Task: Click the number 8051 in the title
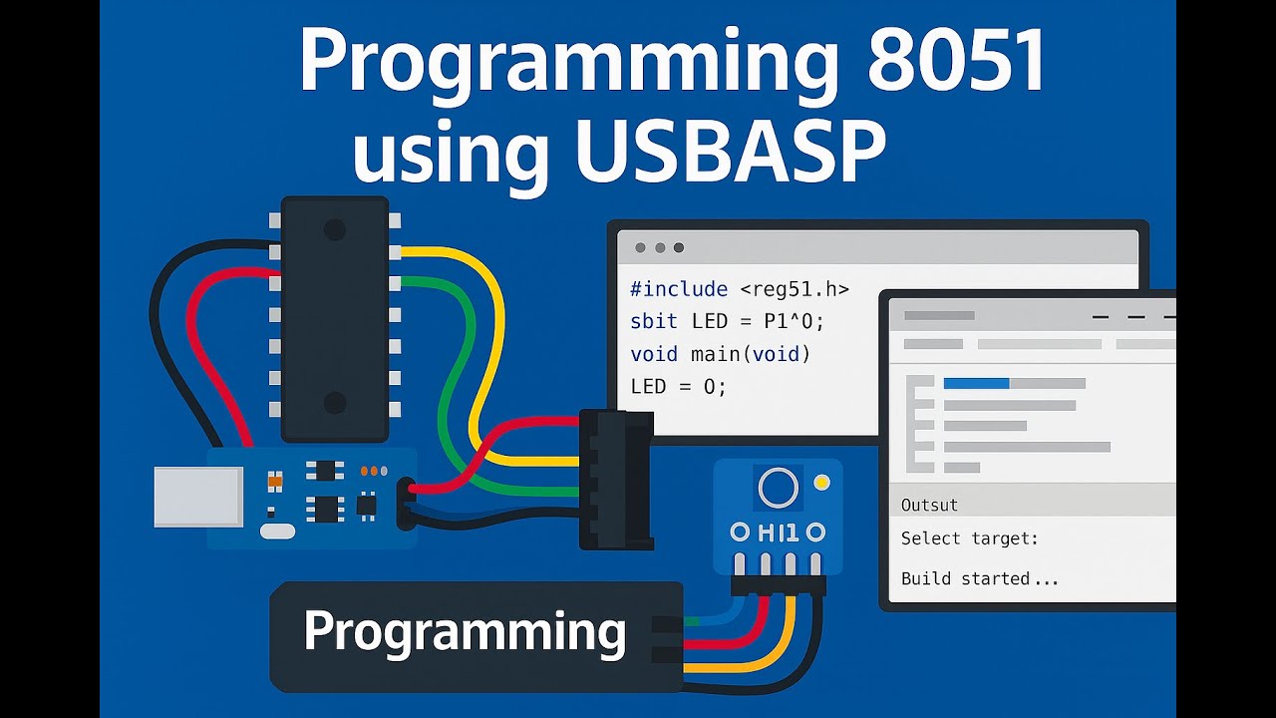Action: pyautogui.click(x=956, y=63)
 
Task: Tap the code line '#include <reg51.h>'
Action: pyautogui.click(x=739, y=289)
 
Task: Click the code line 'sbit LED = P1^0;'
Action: pyautogui.click(x=728, y=321)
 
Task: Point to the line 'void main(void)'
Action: pyautogui.click(x=720, y=354)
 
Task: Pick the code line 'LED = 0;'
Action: pyautogui.click(x=679, y=386)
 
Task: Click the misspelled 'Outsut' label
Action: pyautogui.click(x=929, y=505)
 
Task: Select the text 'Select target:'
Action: pyautogui.click(x=969, y=538)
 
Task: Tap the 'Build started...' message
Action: pyautogui.click(x=979, y=578)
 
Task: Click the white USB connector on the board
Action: pyautogui.click(x=198, y=497)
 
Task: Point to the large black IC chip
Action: pyautogui.click(x=334, y=318)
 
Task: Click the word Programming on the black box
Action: pyautogui.click(x=465, y=632)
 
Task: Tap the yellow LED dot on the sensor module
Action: pyautogui.click(x=821, y=483)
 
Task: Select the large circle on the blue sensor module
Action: pyautogui.click(x=778, y=487)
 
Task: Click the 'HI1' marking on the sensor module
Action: pyautogui.click(x=778, y=533)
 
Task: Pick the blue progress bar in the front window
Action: pyautogui.click(x=976, y=383)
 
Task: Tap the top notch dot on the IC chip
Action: pyautogui.click(x=334, y=230)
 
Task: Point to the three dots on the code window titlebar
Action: pyautogui.click(x=659, y=247)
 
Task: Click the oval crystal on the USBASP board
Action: pyautogui.click(x=277, y=532)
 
